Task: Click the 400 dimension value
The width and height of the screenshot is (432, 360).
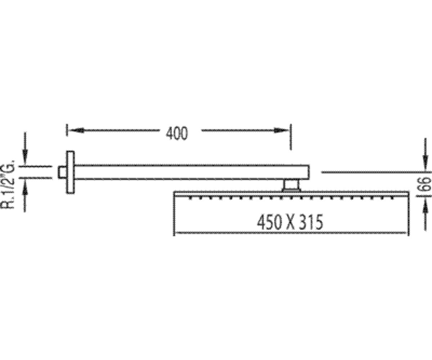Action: click(177, 134)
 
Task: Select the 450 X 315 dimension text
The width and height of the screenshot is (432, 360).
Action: click(290, 222)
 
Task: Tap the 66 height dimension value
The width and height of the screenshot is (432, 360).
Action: click(427, 184)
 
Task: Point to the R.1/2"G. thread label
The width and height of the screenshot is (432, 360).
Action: click(8, 184)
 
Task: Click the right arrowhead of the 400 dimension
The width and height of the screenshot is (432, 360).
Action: click(282, 130)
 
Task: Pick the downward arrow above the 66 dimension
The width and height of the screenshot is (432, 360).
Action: click(426, 155)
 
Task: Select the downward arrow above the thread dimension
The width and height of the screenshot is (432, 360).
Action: click(25, 149)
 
